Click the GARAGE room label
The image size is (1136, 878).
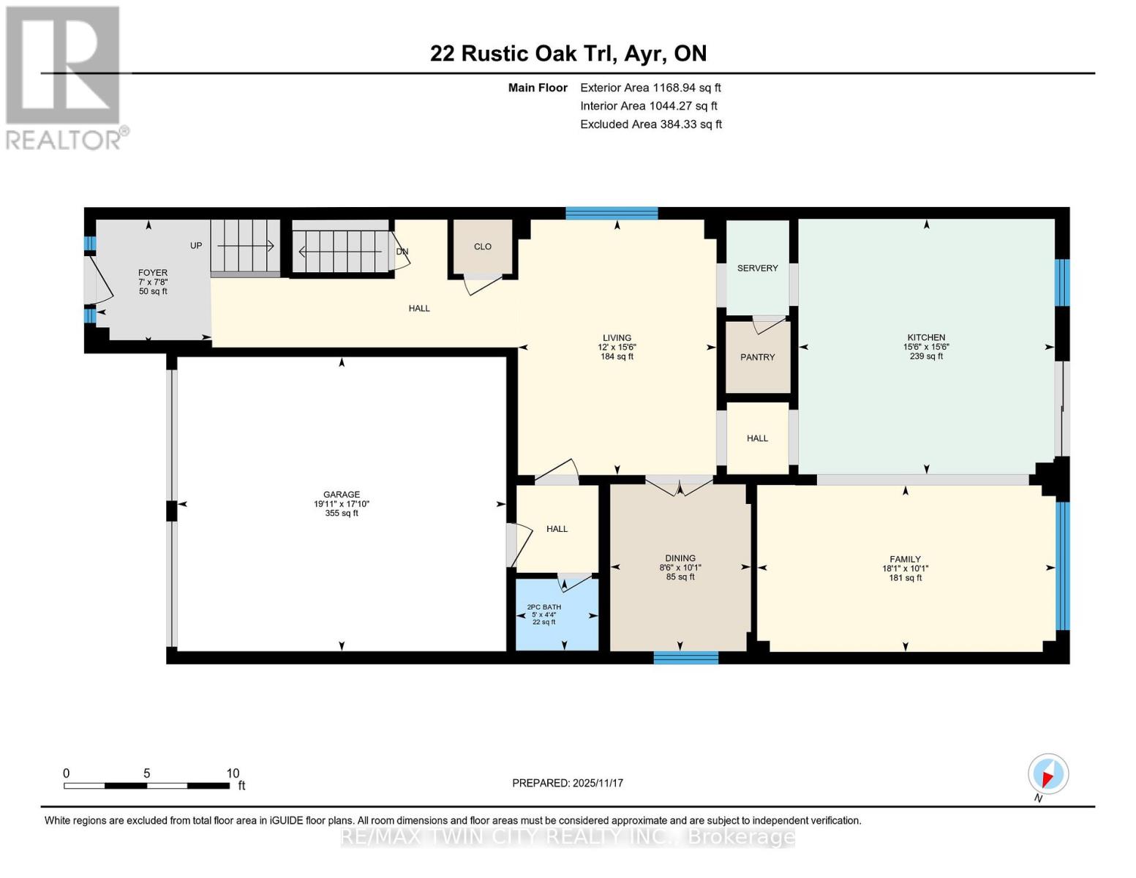pyautogui.click(x=342, y=495)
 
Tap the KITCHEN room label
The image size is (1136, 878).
pyautogui.click(x=926, y=338)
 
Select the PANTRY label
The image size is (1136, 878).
pyautogui.click(x=757, y=358)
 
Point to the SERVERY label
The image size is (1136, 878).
pyautogui.click(x=757, y=269)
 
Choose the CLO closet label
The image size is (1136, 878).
pyautogui.click(x=482, y=247)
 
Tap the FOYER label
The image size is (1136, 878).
pyautogui.click(x=153, y=273)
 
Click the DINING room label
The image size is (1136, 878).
pyautogui.click(x=680, y=558)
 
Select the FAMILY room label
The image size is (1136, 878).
pyautogui.click(x=905, y=559)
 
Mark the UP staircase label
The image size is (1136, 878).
pyautogui.click(x=196, y=246)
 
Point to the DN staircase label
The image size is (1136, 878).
pyautogui.click(x=402, y=252)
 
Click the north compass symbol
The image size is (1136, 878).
pyautogui.click(x=1047, y=774)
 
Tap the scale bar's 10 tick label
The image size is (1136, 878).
pyautogui.click(x=233, y=773)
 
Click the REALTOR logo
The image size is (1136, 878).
pyautogui.click(x=64, y=77)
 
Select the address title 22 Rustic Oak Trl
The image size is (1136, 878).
pyautogui.click(x=568, y=53)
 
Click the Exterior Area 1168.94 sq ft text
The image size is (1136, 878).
pyautogui.click(x=650, y=88)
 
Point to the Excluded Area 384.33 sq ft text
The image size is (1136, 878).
pyautogui.click(x=650, y=124)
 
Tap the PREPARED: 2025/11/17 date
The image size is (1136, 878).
pyautogui.click(x=568, y=783)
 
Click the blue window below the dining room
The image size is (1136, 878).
pyautogui.click(x=685, y=658)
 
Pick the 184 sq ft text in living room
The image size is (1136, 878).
pyautogui.click(x=617, y=357)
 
